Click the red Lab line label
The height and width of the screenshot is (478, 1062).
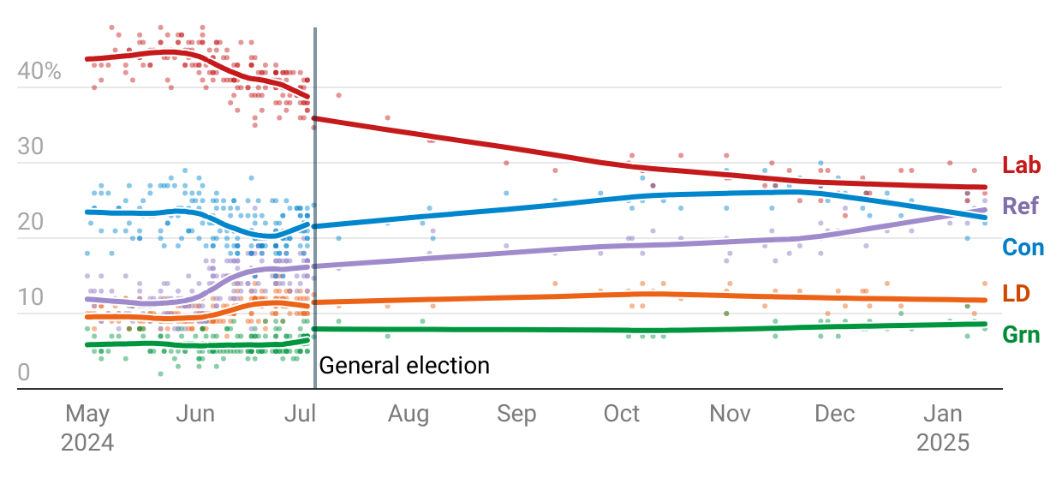[x=1022, y=166]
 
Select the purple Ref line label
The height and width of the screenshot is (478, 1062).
[x=1021, y=206]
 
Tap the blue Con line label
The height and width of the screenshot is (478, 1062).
[x=1023, y=248]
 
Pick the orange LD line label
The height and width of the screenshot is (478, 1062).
[x=1016, y=294]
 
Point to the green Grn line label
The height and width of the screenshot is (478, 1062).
[x=1021, y=335]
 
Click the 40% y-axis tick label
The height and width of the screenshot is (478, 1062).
[x=39, y=72]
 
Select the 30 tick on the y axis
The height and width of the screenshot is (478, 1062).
[x=30, y=147]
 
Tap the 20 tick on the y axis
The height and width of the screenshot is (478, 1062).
[x=30, y=223]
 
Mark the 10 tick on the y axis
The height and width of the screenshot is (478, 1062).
[x=30, y=298]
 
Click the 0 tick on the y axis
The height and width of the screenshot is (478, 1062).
[x=23, y=373]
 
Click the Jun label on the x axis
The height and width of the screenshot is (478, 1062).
[x=194, y=415]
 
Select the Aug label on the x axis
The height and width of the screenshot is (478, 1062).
[x=408, y=415]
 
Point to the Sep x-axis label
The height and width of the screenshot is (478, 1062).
[x=516, y=415]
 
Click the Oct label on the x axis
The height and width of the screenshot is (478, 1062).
[x=622, y=415]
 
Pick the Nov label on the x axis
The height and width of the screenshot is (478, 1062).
[x=730, y=415]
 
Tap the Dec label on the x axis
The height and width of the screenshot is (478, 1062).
[x=835, y=415]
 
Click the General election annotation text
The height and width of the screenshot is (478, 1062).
[x=404, y=367]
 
